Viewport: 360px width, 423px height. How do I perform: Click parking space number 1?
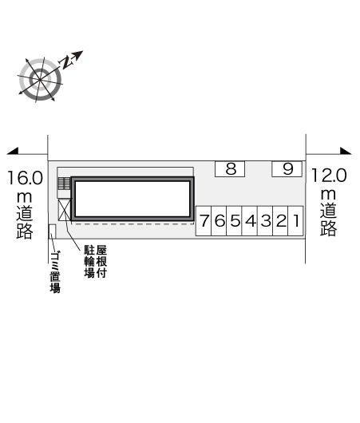296,221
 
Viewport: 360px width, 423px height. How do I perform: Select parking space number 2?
281,221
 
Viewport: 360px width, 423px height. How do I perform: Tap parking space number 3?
265,221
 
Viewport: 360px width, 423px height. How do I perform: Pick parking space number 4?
250,221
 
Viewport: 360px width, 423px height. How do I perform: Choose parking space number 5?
235,221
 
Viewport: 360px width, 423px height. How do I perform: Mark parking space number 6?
220,221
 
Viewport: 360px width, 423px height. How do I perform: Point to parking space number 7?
204,221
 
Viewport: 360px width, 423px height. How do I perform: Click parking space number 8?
230,169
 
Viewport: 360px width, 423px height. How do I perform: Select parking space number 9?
287,169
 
